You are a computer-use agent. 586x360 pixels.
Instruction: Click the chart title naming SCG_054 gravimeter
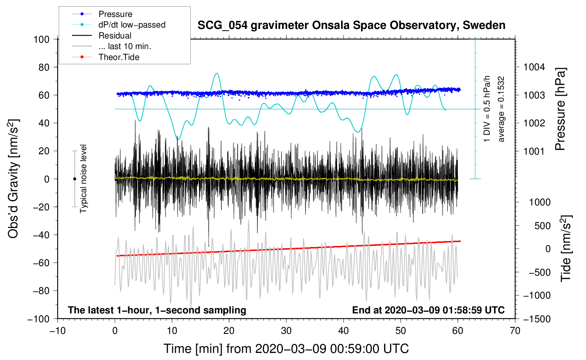point(351,25)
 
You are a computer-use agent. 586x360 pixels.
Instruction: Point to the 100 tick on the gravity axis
point(42,40)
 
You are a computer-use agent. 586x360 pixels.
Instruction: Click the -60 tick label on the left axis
point(41,263)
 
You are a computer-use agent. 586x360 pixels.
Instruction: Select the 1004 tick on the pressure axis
point(534,67)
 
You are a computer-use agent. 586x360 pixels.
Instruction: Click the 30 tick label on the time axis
point(286,331)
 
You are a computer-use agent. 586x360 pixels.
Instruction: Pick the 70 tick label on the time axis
point(515,331)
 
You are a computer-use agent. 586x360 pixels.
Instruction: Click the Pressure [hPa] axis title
point(560,109)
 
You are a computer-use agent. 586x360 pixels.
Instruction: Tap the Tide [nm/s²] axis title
point(566,248)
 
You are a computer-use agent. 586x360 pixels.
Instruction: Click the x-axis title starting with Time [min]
point(286,349)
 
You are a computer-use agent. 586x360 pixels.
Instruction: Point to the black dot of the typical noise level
point(75,179)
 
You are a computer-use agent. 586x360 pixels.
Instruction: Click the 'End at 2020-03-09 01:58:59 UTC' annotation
point(428,310)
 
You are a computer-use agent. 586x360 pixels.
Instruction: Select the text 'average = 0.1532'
point(501,109)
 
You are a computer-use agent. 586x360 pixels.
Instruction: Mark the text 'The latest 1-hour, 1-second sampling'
point(157,310)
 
